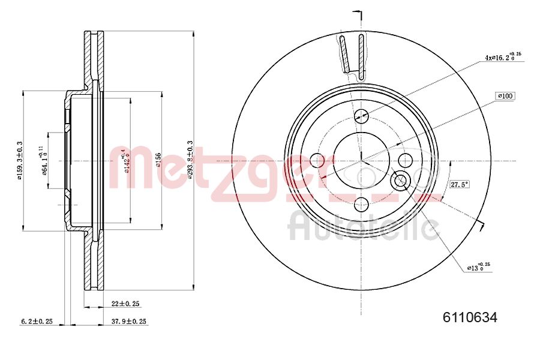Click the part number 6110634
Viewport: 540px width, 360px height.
pos(470,318)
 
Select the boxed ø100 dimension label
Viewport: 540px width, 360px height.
pos(505,96)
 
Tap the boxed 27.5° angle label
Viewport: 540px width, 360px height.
pos(459,184)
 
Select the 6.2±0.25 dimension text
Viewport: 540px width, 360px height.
pos(36,322)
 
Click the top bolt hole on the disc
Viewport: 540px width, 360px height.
pos(361,116)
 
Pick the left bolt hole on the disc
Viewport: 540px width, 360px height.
pos(317,161)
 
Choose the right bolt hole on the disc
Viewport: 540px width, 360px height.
pos(406,160)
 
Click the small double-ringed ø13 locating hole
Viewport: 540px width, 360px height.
pos(400,179)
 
